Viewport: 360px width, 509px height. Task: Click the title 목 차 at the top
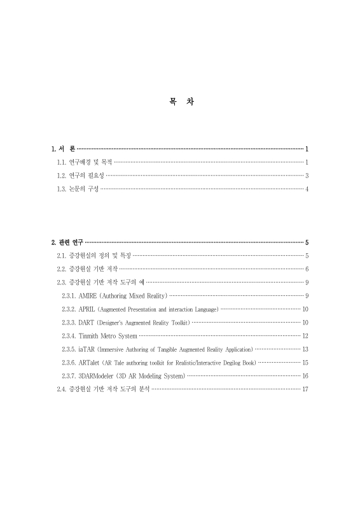click(181, 102)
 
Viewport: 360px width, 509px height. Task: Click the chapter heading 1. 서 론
click(63, 149)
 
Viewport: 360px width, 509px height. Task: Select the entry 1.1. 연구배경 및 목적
click(84, 162)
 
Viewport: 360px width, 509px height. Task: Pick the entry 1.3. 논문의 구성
click(78, 189)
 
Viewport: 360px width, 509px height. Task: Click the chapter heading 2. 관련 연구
click(67, 242)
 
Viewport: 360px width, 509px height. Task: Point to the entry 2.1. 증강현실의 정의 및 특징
click(93, 256)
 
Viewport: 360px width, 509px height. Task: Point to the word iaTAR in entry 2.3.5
click(87, 349)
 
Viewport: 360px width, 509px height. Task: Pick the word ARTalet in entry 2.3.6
click(89, 363)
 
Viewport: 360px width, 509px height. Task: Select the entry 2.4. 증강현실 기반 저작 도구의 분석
click(102, 389)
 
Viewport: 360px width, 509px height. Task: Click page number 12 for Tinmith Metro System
click(305, 336)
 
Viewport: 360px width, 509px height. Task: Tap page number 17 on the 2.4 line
click(305, 389)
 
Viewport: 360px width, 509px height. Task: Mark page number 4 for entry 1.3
click(307, 189)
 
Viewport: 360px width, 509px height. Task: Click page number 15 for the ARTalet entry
click(305, 363)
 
